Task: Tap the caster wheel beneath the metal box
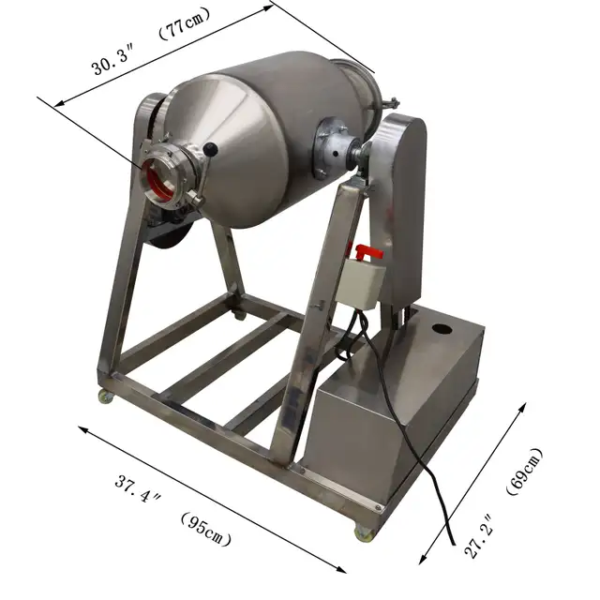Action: (362, 532)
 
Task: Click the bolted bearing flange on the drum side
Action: (333, 147)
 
